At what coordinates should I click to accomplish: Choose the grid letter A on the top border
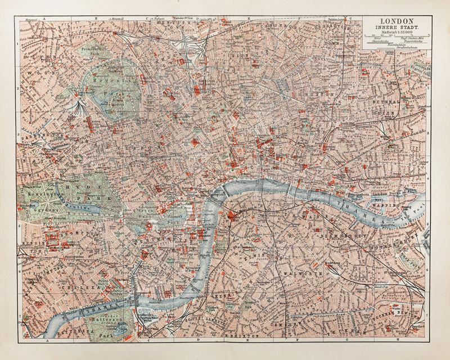(48, 17)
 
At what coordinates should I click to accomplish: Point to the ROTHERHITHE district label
(402, 238)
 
